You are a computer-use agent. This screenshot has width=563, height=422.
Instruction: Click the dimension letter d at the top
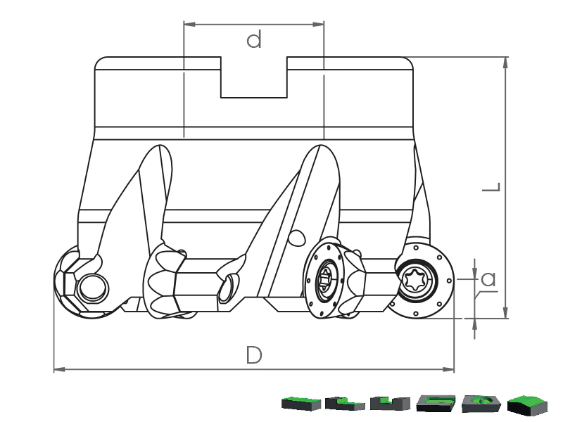[254, 40]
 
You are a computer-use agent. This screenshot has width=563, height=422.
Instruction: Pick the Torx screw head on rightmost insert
[415, 280]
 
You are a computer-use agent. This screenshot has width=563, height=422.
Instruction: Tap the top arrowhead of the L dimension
[506, 61]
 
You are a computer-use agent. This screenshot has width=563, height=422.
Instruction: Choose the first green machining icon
[301, 404]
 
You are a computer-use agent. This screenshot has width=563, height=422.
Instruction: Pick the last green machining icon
[527, 404]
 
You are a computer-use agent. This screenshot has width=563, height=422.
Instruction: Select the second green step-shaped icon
[346, 404]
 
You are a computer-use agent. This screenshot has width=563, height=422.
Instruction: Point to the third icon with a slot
[391, 404]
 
